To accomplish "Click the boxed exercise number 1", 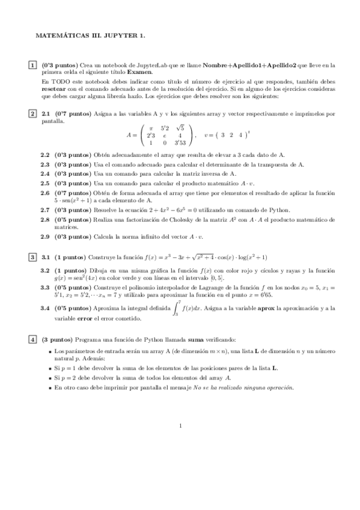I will point(32,64).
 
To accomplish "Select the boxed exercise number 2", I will point(32,113).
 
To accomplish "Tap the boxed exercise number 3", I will point(32,257).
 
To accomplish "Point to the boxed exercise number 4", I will point(32,339).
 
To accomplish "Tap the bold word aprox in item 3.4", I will point(267,307).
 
